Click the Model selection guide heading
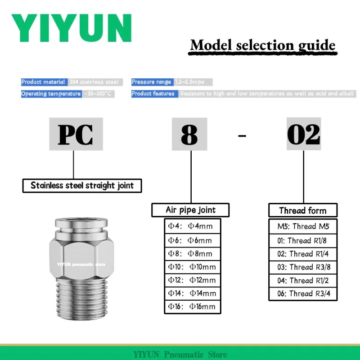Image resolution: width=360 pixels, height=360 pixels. (x=262, y=45)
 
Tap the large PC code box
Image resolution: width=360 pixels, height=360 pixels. (x=76, y=134)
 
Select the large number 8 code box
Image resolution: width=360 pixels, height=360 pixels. (x=189, y=134)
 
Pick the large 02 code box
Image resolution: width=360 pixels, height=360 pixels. (x=304, y=134)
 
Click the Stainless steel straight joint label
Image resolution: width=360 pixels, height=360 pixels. (x=82, y=185)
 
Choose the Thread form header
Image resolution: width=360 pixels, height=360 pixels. (x=302, y=211)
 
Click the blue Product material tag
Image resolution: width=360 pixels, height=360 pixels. (x=44, y=82)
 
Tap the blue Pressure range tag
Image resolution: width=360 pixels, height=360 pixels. (x=152, y=82)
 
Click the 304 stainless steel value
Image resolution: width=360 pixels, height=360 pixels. (x=94, y=82)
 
